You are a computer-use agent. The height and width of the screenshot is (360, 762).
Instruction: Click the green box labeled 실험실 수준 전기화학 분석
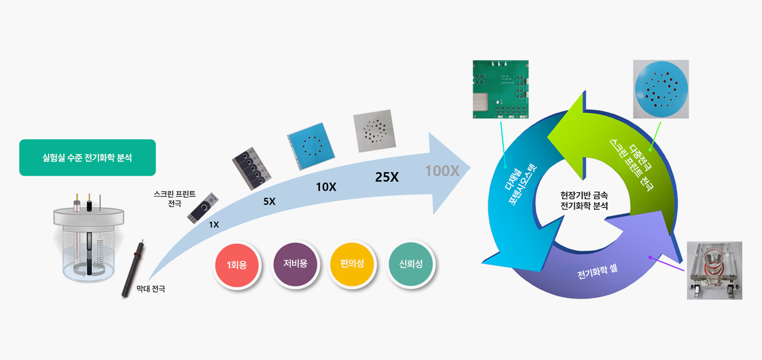click(87, 158)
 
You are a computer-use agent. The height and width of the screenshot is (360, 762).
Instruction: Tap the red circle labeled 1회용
click(237, 265)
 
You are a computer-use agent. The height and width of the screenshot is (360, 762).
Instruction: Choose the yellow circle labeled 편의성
click(352, 264)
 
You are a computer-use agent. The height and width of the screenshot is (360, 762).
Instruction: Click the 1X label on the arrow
click(214, 224)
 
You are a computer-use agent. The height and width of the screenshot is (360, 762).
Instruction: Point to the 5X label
click(269, 202)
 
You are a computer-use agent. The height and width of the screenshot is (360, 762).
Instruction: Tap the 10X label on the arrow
click(326, 187)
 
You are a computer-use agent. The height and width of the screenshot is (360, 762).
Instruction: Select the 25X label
click(387, 177)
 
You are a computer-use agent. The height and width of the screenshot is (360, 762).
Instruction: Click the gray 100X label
click(442, 171)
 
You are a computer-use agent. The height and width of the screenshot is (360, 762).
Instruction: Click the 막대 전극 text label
click(151, 289)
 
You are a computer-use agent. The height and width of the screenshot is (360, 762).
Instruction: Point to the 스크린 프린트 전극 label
click(175, 199)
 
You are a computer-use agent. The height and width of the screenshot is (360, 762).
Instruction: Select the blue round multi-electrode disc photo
click(661, 88)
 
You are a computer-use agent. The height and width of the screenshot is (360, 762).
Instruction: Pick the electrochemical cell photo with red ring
click(714, 270)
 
